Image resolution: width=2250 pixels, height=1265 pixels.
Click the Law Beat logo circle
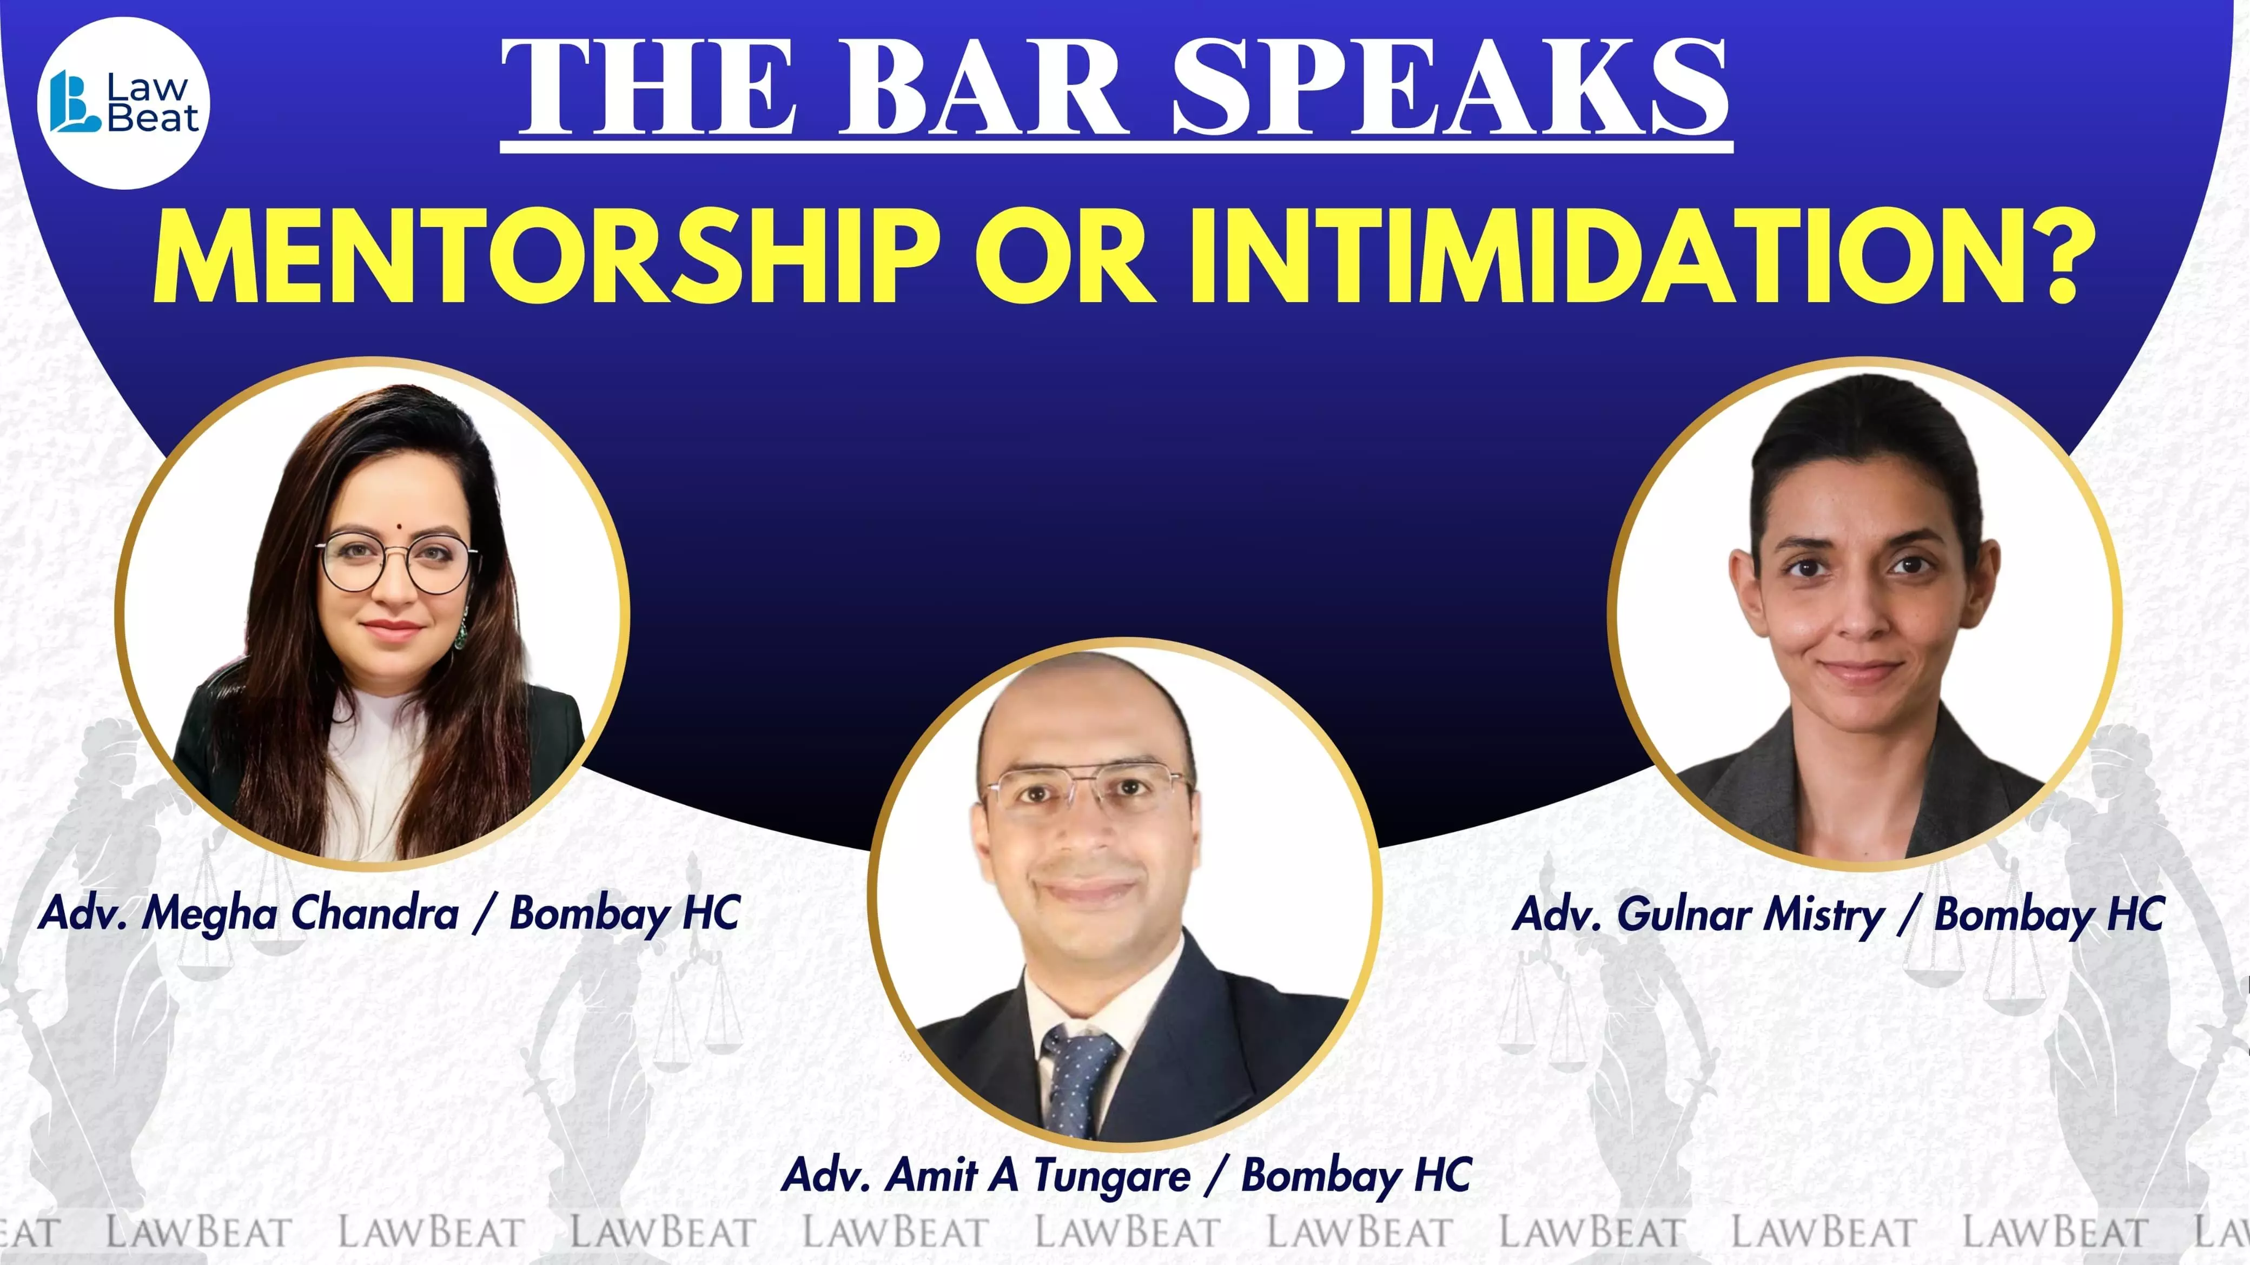pos(124,103)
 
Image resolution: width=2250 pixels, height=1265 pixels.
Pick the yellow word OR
pos(1065,255)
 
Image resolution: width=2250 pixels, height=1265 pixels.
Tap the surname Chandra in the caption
pos(375,913)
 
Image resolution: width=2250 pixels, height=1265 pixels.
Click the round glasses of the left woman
pos(398,564)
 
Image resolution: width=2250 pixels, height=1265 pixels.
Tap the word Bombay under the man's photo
pos(1321,1176)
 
